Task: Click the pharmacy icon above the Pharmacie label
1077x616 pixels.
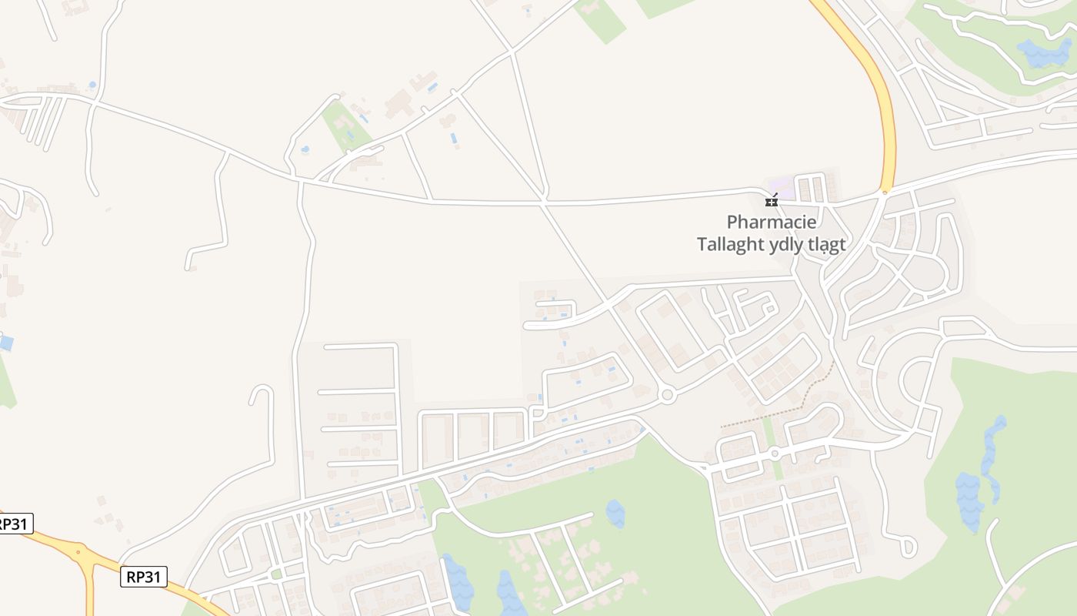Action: pyautogui.click(x=771, y=202)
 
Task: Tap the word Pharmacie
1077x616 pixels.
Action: pyautogui.click(x=772, y=223)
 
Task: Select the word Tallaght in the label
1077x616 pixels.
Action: pyautogui.click(x=731, y=245)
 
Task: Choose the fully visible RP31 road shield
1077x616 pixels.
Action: pyautogui.click(x=144, y=576)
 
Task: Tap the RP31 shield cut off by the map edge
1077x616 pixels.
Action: pyautogui.click(x=14, y=524)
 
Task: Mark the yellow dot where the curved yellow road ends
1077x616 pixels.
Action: pyautogui.click(x=885, y=192)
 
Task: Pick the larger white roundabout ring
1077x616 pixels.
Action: pyautogui.click(x=667, y=395)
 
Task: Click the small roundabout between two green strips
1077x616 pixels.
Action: pyautogui.click(x=775, y=453)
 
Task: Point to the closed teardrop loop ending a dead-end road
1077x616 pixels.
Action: pyautogui.click(x=908, y=547)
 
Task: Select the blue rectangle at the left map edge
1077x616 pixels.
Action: pyautogui.click(x=5, y=343)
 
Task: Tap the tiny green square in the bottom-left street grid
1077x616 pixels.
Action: pyautogui.click(x=276, y=574)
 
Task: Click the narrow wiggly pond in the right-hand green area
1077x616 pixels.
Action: pyautogui.click(x=992, y=458)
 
